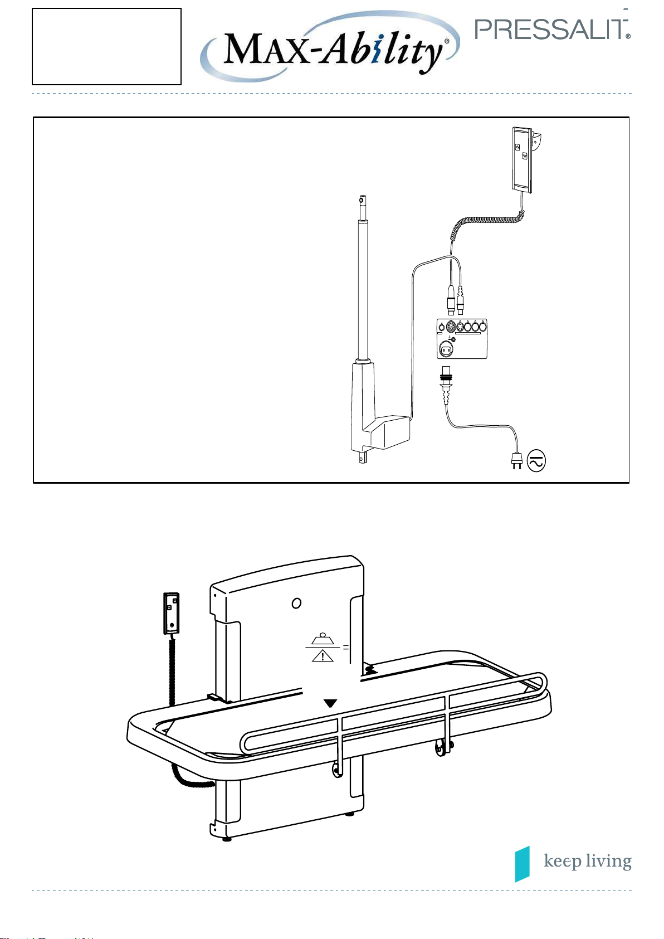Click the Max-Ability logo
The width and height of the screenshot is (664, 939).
(x=330, y=46)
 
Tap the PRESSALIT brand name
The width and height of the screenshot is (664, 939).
(x=552, y=30)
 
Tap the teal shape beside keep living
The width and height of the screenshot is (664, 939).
(x=523, y=864)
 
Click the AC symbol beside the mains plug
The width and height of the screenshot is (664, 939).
(x=536, y=461)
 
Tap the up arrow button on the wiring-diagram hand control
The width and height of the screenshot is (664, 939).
(x=517, y=147)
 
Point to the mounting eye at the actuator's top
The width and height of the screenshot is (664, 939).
(x=363, y=201)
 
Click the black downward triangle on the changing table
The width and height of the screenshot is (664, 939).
(x=330, y=703)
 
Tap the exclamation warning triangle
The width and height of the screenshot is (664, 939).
(x=323, y=655)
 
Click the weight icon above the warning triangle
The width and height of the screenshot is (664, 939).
(x=323, y=639)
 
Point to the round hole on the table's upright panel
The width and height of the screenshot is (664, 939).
(x=296, y=603)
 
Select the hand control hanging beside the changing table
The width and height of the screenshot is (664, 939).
(x=171, y=613)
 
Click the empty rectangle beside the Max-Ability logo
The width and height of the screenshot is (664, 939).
(x=107, y=46)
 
